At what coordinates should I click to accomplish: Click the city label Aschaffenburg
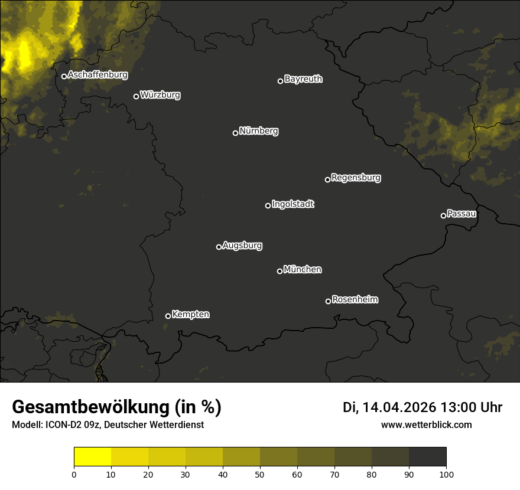97,75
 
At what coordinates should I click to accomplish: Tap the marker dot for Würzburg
136,96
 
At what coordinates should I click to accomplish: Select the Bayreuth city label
303,79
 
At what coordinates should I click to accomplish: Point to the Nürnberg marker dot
235,133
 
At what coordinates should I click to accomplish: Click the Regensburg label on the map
356,177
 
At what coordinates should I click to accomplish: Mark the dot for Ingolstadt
268,205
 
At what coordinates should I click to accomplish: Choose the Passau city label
461,213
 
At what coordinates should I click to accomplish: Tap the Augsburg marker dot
219,247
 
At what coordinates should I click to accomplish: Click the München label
303,269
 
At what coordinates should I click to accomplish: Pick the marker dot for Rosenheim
328,301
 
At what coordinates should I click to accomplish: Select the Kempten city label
190,314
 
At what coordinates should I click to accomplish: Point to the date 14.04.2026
399,407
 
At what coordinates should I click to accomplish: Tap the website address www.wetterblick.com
427,424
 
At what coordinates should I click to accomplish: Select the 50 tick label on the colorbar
260,474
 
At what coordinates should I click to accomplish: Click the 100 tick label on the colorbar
446,474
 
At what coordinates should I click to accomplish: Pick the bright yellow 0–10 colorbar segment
93,457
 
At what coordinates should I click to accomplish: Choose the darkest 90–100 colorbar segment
427,457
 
